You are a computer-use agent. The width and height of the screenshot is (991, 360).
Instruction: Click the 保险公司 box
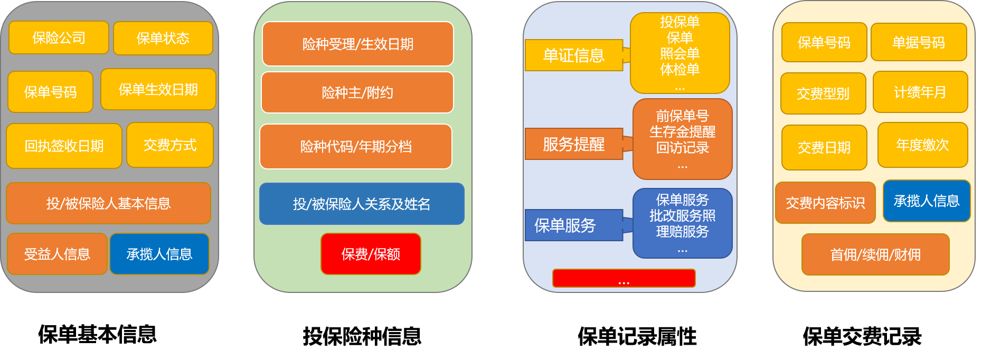click(59, 38)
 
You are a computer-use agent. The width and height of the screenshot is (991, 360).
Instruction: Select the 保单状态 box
click(163, 39)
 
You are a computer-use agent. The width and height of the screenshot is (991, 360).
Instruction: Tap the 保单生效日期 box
click(158, 90)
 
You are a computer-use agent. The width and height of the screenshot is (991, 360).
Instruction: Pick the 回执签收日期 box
click(64, 146)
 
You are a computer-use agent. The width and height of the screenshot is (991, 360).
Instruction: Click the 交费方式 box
click(170, 145)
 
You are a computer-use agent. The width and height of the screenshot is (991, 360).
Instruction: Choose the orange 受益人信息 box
click(57, 254)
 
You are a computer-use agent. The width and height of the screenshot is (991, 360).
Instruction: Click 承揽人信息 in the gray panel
click(159, 254)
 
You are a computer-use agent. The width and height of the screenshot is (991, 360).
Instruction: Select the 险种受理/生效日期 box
click(357, 44)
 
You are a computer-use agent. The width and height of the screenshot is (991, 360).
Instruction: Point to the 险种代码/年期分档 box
click(356, 147)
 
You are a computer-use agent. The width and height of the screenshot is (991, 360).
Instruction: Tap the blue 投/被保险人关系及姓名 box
click(362, 204)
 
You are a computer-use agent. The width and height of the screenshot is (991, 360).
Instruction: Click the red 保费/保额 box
click(371, 254)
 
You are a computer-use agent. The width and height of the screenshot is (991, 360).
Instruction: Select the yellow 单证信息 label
click(574, 55)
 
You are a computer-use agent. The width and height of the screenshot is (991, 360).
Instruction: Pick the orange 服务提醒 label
click(574, 144)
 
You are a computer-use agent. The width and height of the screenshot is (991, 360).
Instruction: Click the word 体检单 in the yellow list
click(679, 70)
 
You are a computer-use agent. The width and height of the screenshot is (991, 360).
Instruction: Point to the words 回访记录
click(682, 148)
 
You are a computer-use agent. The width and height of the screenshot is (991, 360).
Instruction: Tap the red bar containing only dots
click(624, 278)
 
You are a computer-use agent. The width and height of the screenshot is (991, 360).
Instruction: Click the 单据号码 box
click(918, 43)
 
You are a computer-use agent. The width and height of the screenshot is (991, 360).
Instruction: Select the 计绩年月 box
click(920, 92)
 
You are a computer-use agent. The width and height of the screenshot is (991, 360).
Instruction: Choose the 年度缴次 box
click(922, 145)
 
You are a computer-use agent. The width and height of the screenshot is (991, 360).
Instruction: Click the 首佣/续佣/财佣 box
click(875, 255)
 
